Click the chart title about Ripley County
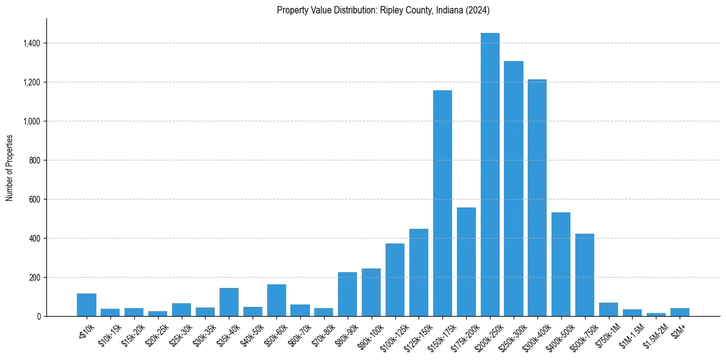tap(383, 10)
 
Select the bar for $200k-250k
tap(490, 175)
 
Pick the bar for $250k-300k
tap(514, 189)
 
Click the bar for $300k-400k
tap(537, 198)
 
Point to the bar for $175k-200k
tap(466, 262)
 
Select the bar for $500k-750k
tap(584, 275)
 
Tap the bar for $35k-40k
tap(229, 302)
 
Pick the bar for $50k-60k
tap(276, 300)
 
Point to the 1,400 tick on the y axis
tap(32, 43)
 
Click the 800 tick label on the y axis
tap(34, 160)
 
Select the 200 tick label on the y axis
tap(34, 278)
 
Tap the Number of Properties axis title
tap(10, 167)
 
